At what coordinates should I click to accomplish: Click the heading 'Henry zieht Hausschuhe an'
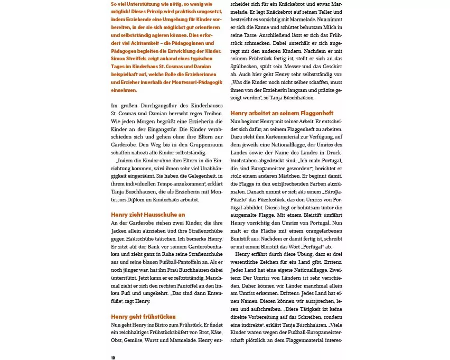(x=148, y=215)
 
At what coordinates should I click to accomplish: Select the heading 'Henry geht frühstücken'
(x=143, y=317)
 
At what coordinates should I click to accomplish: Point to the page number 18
(x=113, y=358)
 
